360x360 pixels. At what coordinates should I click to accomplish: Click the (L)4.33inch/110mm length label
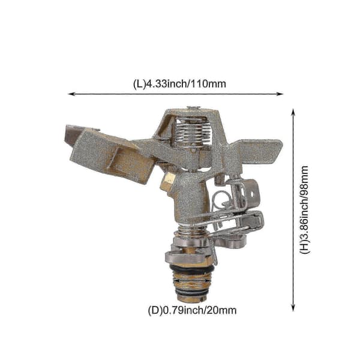pos(179,83)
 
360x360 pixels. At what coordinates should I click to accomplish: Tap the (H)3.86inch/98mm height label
pos(305,209)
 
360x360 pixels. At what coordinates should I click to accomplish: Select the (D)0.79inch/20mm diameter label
pos(192,310)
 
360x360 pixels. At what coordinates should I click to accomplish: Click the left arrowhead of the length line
pos(71,94)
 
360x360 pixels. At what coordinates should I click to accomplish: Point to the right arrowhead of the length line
pos(280,94)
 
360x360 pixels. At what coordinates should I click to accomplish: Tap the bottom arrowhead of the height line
pos(293,308)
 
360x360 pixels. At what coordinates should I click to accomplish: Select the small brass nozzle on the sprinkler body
pos(167,181)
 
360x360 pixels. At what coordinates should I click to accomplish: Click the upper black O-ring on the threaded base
pos(193,269)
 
